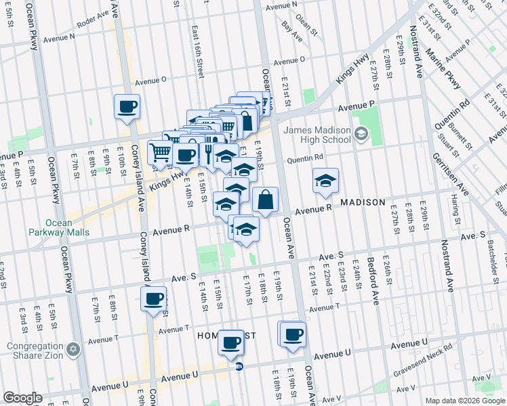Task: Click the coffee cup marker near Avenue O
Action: [127, 106]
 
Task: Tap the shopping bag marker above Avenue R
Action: [265, 200]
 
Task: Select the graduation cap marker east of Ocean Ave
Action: [325, 181]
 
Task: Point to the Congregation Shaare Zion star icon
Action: [73, 350]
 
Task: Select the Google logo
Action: [22, 398]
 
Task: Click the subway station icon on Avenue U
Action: [239, 367]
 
